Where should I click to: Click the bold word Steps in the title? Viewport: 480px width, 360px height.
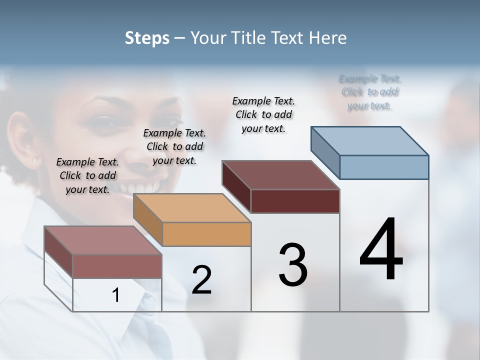coord(147,38)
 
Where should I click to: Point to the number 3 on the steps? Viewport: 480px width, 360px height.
coord(293,265)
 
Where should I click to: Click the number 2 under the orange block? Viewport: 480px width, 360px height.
coord(201,279)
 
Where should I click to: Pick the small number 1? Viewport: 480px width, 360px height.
coord(116,295)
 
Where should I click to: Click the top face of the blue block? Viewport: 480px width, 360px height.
coord(370,140)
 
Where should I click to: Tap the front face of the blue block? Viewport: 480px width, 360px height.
coord(384,167)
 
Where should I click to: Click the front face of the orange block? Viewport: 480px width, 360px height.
coord(206,234)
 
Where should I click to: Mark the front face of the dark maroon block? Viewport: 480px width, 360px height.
coord(295,201)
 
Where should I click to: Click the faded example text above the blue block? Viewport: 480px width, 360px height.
coord(369,92)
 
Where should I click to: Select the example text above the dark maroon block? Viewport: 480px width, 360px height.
coord(263,114)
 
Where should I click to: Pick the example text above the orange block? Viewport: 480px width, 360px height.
coord(174,146)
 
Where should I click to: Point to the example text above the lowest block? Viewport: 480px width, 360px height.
coord(87,175)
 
